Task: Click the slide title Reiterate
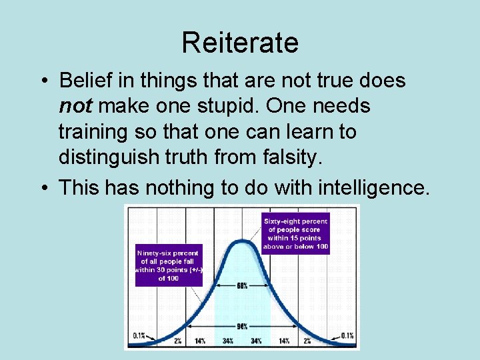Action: tap(240, 43)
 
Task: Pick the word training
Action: tap(91, 131)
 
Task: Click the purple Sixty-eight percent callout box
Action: tap(295, 233)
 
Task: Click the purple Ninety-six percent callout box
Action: tap(168, 265)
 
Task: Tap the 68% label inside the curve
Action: tap(242, 285)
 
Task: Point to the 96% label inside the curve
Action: tap(242, 326)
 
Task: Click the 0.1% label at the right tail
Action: tap(347, 335)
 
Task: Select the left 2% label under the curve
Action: tap(179, 341)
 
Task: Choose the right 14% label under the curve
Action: tap(284, 341)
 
